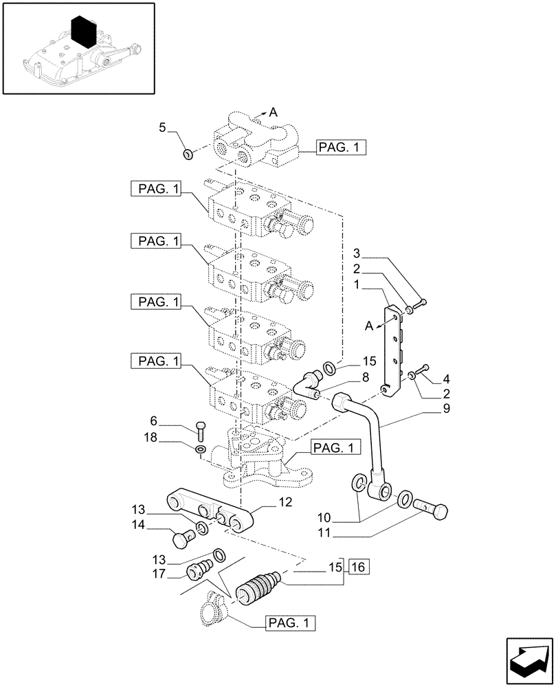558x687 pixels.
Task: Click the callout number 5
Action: [162, 126]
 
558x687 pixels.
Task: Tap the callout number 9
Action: [427, 409]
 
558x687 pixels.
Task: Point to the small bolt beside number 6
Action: [200, 430]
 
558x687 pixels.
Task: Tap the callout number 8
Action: [365, 376]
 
